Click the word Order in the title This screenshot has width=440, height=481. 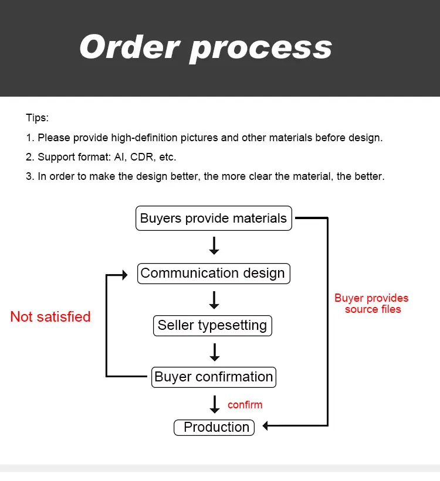[x=129, y=47]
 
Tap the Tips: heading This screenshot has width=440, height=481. [x=37, y=118]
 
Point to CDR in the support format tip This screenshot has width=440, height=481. [x=141, y=157]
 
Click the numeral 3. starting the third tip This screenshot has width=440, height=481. [x=30, y=176]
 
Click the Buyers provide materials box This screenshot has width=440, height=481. [x=214, y=218]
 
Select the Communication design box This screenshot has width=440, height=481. [x=214, y=274]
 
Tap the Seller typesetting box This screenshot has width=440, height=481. [x=212, y=326]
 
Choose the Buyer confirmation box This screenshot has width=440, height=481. [x=214, y=377]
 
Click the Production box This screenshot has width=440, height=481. [x=214, y=427]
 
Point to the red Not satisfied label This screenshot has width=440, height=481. [x=50, y=316]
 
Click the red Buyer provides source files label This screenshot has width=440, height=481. [x=371, y=303]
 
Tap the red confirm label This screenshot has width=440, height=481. [x=245, y=405]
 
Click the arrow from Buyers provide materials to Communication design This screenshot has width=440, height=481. [x=214, y=245]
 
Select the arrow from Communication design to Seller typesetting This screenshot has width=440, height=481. [x=214, y=300]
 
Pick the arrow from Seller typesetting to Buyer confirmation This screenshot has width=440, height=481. [x=215, y=352]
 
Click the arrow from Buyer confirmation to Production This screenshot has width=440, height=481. [x=215, y=404]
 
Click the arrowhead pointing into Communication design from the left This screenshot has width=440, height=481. [x=125, y=275]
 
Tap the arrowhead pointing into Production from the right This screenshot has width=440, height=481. [x=266, y=426]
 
